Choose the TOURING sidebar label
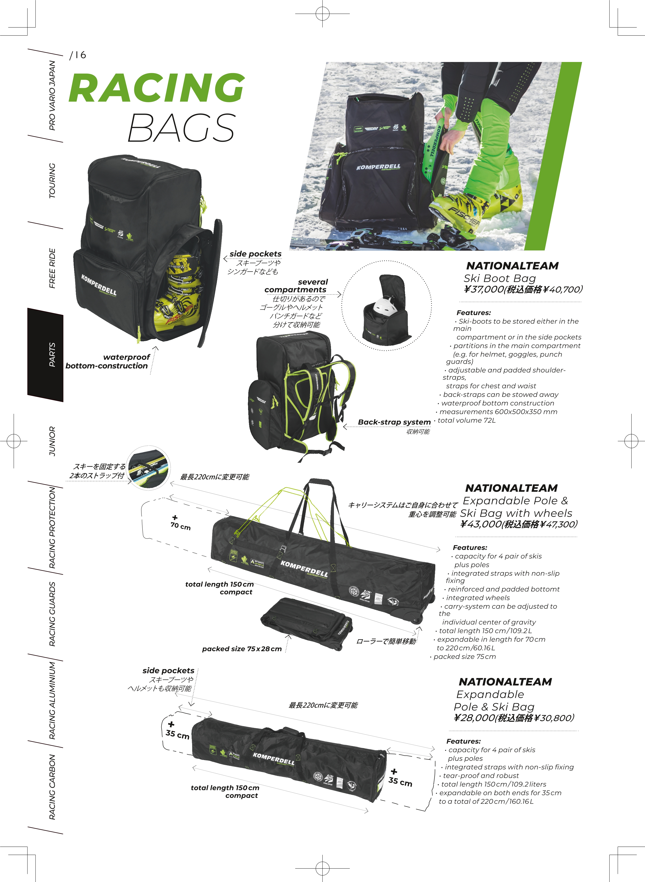(52, 181)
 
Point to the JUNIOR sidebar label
(52, 441)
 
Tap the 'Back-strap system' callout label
(394, 422)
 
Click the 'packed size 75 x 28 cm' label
(242, 649)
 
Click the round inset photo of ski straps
(149, 467)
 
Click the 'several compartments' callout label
(296, 286)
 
